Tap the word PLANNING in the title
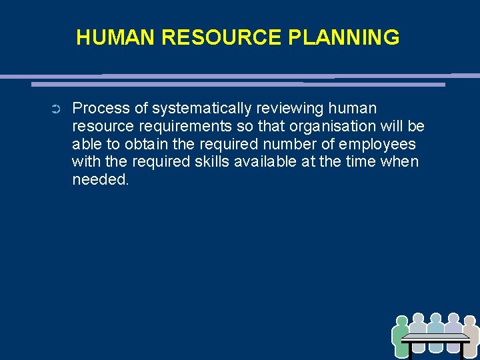tap(344, 37)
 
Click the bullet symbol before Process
tap(55, 109)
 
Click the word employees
tap(377, 144)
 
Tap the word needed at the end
tap(100, 180)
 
